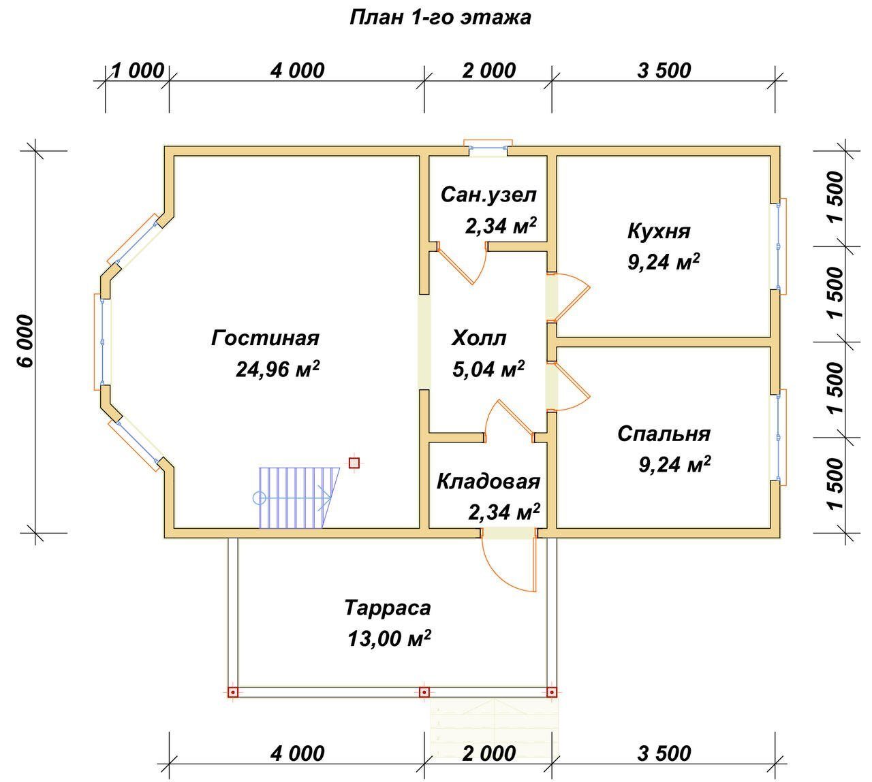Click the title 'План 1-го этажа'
coord(440,18)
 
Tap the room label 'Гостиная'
coord(265,338)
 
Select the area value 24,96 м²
coord(278,369)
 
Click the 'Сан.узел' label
coord(488,195)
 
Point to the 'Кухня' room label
coord(659,231)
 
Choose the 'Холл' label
coord(479,338)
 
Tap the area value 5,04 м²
coord(488,369)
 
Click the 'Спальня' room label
coord(664,434)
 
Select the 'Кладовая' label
coord(488,482)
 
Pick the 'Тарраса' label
coord(388,608)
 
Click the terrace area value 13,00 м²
coord(389,639)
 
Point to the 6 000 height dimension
coord(27,341)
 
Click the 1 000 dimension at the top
coord(138,71)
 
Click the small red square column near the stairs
coord(354,463)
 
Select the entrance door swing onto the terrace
coord(509,564)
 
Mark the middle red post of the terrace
coord(424,692)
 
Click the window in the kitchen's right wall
coord(778,246)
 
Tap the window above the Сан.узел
coord(488,148)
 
